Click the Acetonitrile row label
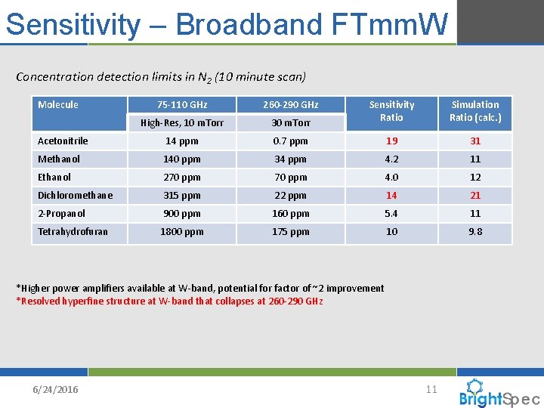63,141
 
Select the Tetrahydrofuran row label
73,232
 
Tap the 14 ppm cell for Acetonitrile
181,141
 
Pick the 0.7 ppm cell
290,141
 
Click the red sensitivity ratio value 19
391,141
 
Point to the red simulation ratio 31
475,141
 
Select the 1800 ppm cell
181,232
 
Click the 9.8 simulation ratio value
475,232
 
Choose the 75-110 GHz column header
181,105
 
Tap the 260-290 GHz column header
290,105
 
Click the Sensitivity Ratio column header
391,111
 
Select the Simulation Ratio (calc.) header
475,111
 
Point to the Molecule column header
58,105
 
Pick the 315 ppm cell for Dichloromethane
181,196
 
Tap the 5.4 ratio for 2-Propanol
391,214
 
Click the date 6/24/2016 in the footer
55,389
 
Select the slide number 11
431,389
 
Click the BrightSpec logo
499,394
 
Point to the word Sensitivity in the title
73,24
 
